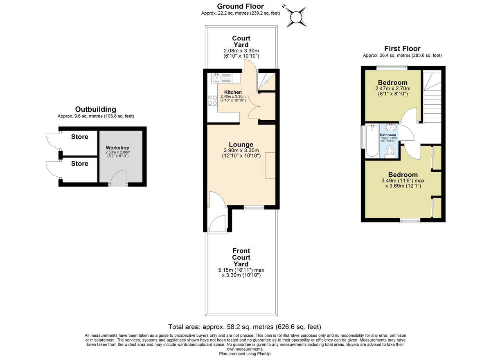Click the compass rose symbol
pyautogui.click(x=295, y=17)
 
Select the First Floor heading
pyautogui.click(x=402, y=49)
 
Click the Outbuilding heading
pyautogui.click(x=95, y=109)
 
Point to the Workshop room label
pyautogui.click(x=117, y=148)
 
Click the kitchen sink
pyautogui.click(x=217, y=77)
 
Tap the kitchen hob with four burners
pyautogui.click(x=212, y=100)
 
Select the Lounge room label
pyautogui.click(x=241, y=144)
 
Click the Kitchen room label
pyautogui.click(x=233, y=92)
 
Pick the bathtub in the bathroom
pyautogui.click(x=372, y=140)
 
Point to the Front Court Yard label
pyautogui.click(x=241, y=257)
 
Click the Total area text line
pyautogui.click(x=245, y=327)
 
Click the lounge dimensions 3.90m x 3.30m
pyautogui.click(x=241, y=151)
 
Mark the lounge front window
pyautogui.click(x=254, y=208)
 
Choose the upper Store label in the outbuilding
pyautogui.click(x=79, y=137)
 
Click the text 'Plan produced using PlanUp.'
pyautogui.click(x=245, y=353)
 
